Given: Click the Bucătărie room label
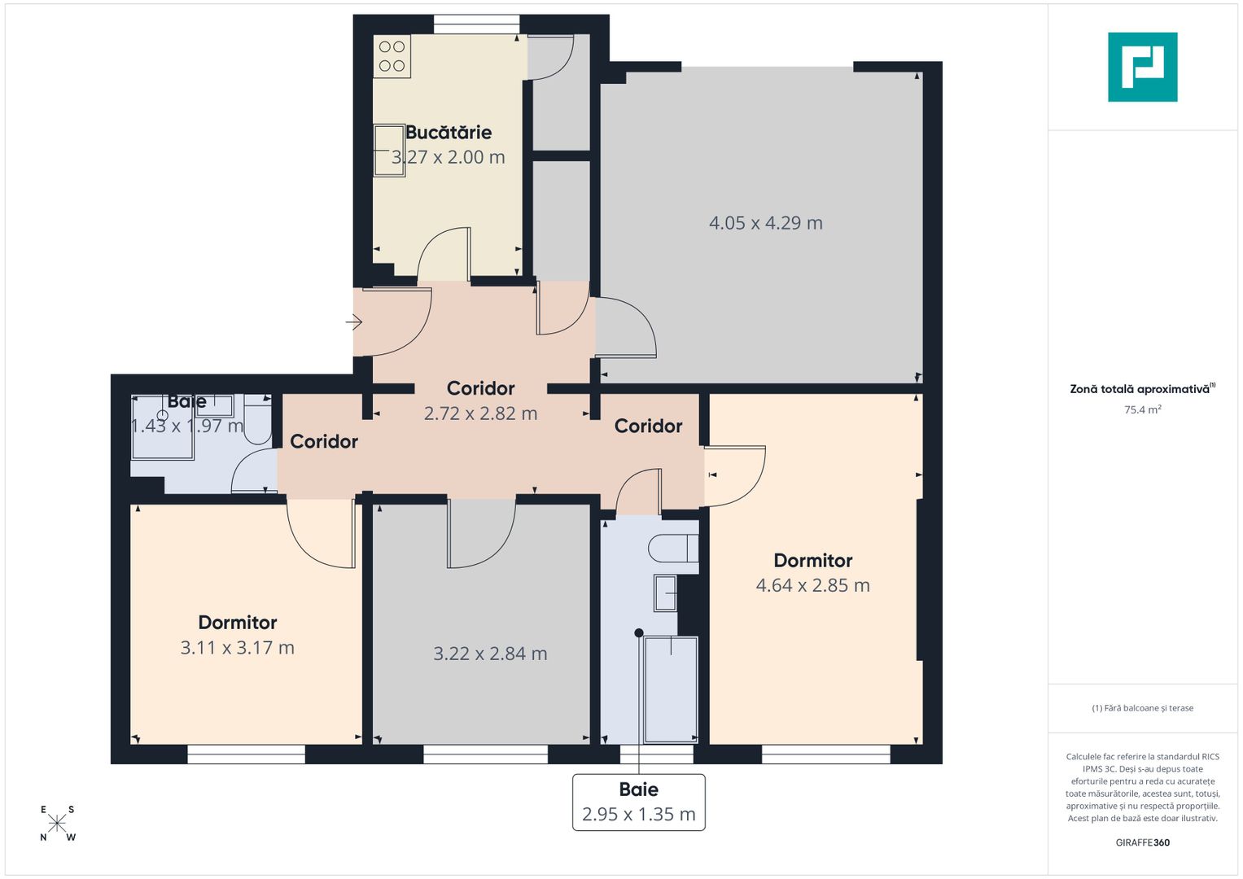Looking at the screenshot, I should tap(449, 132).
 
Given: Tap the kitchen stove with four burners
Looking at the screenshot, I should tap(392, 56).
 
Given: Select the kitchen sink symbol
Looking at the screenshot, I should tap(389, 151).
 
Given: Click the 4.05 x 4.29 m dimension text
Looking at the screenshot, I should tap(765, 223).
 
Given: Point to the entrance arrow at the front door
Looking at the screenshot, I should tap(354, 323).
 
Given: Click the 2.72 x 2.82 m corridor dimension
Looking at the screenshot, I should tap(480, 413).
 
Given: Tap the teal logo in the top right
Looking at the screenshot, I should tap(1142, 67).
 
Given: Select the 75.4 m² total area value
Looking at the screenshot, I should tap(1142, 410).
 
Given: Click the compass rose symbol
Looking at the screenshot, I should tap(57, 824).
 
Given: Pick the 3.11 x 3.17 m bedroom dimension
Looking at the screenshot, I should tap(237, 648).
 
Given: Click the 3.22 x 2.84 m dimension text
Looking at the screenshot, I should tap(490, 654).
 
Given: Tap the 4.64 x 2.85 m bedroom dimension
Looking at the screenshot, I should tap(812, 585).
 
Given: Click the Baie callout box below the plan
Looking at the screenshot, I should tap(639, 802).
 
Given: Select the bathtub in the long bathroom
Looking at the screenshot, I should tap(671, 689).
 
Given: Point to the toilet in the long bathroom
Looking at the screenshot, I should tap(672, 549).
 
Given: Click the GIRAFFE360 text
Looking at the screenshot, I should tap(1142, 842).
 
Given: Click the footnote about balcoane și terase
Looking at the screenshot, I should tap(1142, 708).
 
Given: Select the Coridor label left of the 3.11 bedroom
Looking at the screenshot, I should tap(324, 441).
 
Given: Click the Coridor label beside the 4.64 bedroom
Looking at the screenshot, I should tap(648, 426).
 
